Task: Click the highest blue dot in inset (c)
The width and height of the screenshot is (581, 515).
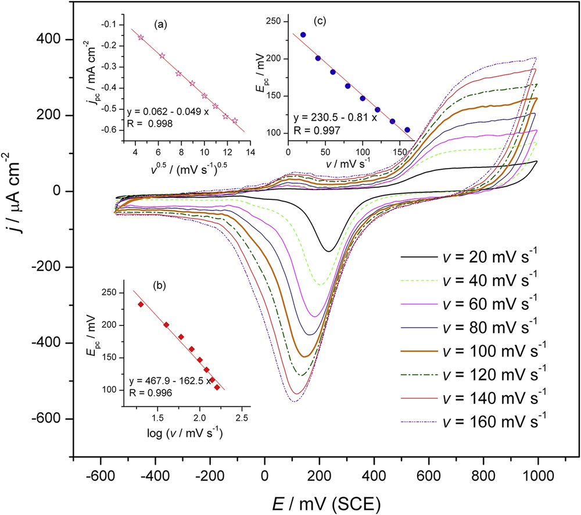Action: click(303, 35)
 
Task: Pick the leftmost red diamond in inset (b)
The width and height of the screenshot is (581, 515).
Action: click(141, 304)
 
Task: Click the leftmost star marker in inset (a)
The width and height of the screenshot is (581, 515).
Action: click(141, 37)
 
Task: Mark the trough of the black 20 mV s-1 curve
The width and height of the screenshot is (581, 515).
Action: click(329, 251)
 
